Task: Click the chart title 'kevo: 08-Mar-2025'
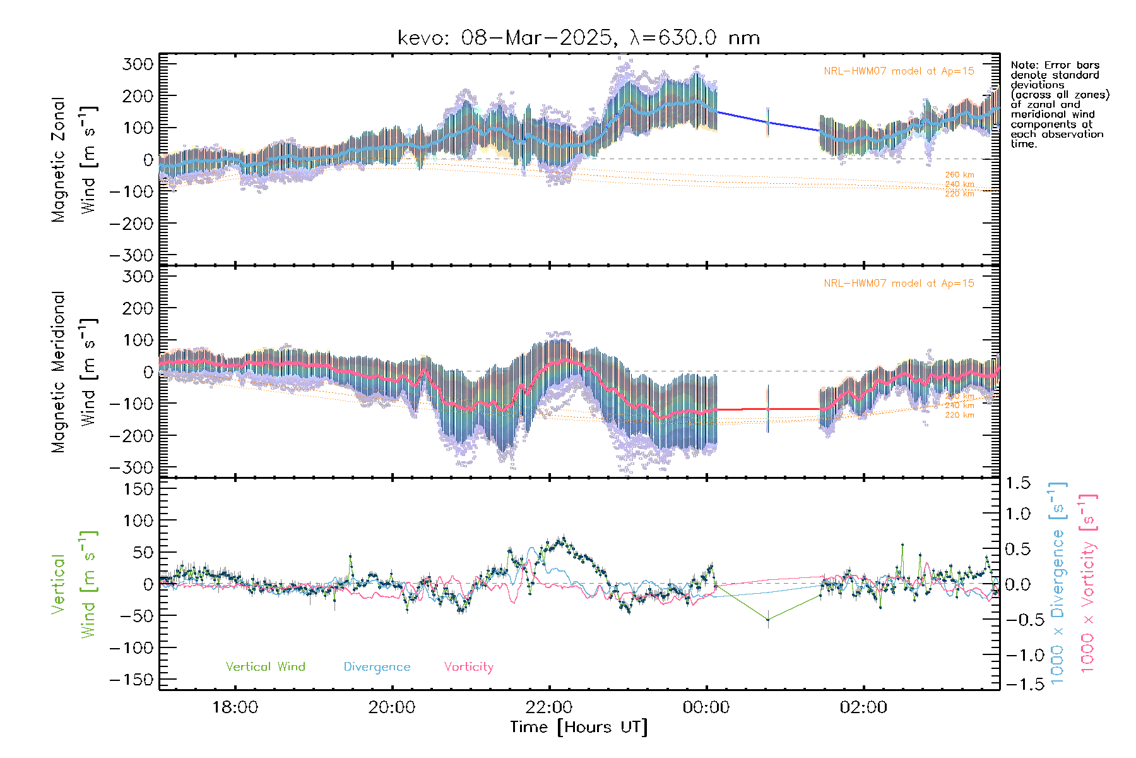[x=505, y=38]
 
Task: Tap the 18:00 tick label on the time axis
[x=235, y=707]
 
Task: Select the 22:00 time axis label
[x=549, y=707]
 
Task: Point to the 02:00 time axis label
[x=863, y=707]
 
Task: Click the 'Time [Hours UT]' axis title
[x=579, y=728]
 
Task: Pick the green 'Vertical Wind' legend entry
[x=265, y=667]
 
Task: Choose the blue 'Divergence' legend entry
[x=377, y=667]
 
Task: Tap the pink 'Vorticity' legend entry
[x=468, y=667]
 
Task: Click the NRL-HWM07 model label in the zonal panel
[x=899, y=71]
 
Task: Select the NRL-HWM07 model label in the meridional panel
[x=899, y=284]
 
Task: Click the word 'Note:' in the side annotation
[x=1024, y=65]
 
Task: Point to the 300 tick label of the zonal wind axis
[x=138, y=64]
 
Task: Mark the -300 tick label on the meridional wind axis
[x=132, y=467]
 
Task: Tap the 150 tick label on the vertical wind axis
[x=138, y=489]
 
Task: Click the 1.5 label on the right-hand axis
[x=1018, y=483]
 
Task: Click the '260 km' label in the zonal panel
[x=959, y=175]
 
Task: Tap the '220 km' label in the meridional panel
[x=959, y=415]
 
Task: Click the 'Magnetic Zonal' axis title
[x=58, y=160]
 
